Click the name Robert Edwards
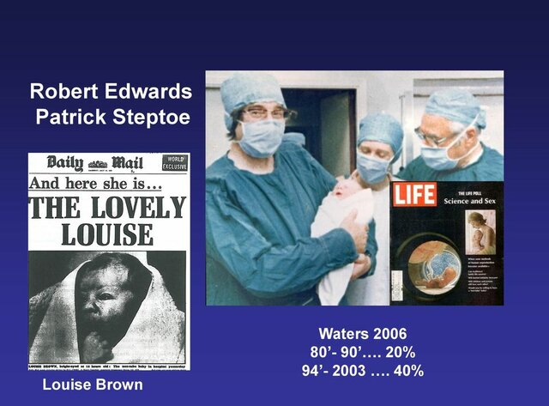(x=111, y=92)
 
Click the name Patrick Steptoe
(x=114, y=117)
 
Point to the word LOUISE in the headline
(x=108, y=233)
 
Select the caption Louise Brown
(x=93, y=385)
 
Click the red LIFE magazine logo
(x=415, y=195)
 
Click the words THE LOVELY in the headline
(x=108, y=208)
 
